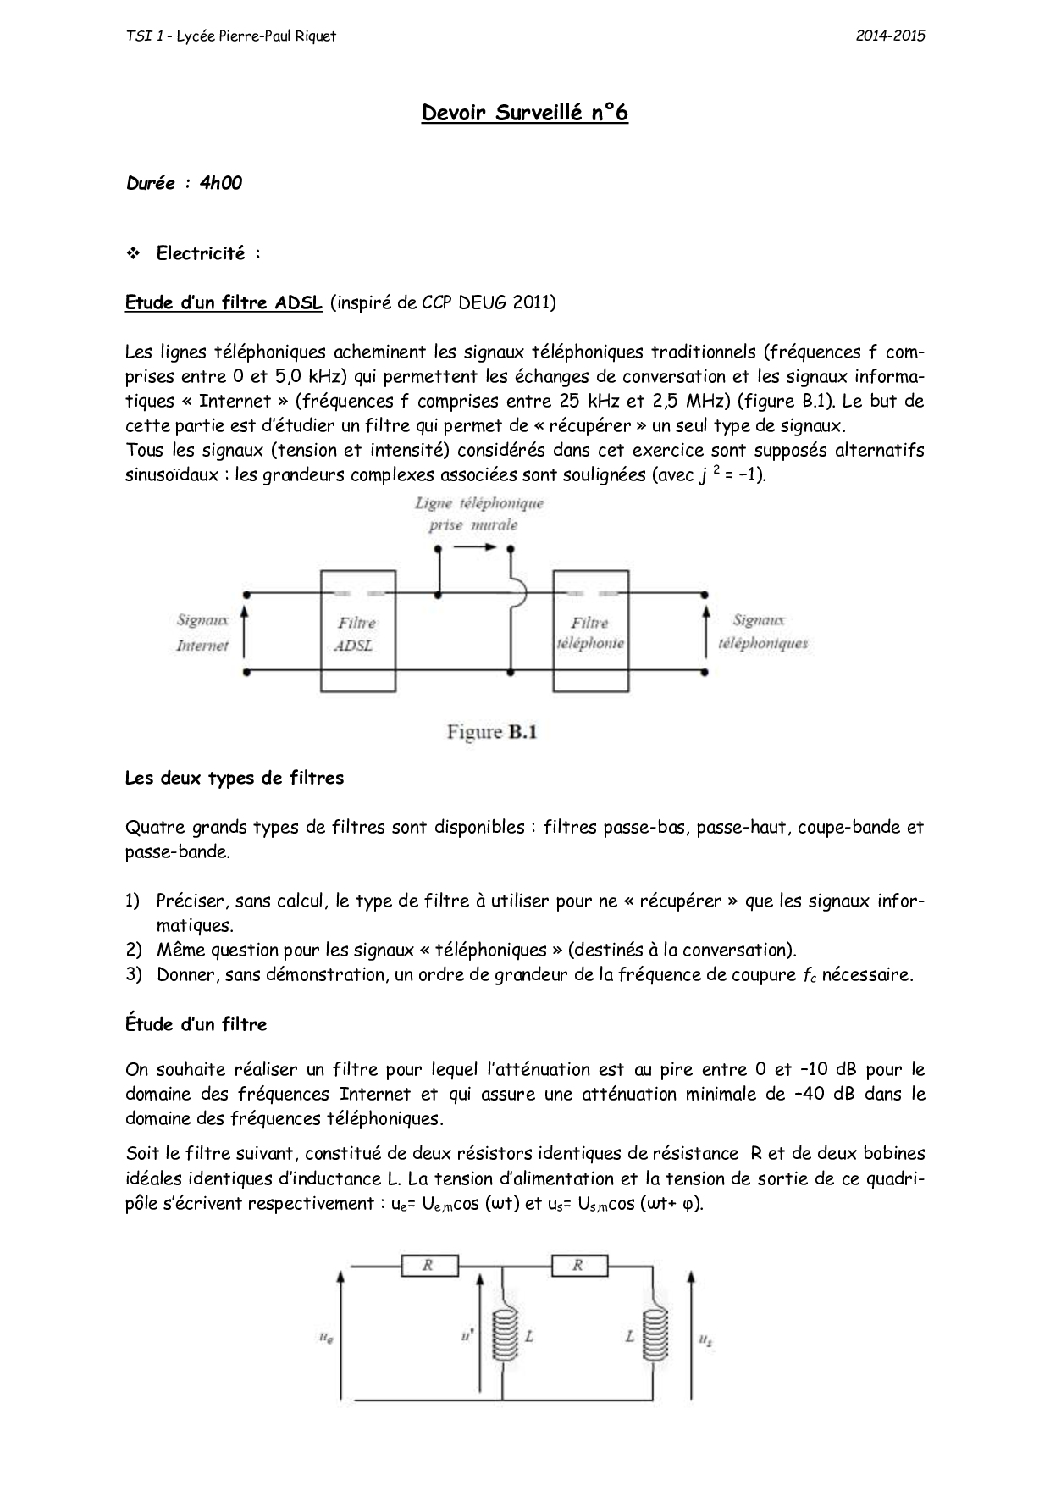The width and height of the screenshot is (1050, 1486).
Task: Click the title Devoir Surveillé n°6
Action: pos(524,113)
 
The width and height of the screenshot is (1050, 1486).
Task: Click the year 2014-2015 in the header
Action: pos(890,36)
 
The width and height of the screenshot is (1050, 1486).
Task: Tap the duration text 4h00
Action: pos(221,183)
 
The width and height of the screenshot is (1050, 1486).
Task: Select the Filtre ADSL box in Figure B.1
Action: pos(357,631)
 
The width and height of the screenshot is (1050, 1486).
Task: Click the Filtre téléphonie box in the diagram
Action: pos(590,631)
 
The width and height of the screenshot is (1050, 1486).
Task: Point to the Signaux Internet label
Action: pos(202,633)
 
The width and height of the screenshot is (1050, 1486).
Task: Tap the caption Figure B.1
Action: pos(492,732)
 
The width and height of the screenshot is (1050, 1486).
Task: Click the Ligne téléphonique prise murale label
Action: pos(478,514)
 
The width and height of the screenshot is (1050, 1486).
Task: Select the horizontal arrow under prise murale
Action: pos(474,546)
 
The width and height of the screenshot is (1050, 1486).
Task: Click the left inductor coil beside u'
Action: pos(506,1337)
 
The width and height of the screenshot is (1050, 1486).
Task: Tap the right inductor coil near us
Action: pos(655,1337)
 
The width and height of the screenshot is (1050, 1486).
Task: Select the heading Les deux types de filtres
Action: pos(235,778)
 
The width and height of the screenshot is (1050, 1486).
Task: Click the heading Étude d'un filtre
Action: pos(196,1024)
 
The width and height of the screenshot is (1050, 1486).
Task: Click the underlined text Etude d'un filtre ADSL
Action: pos(224,302)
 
